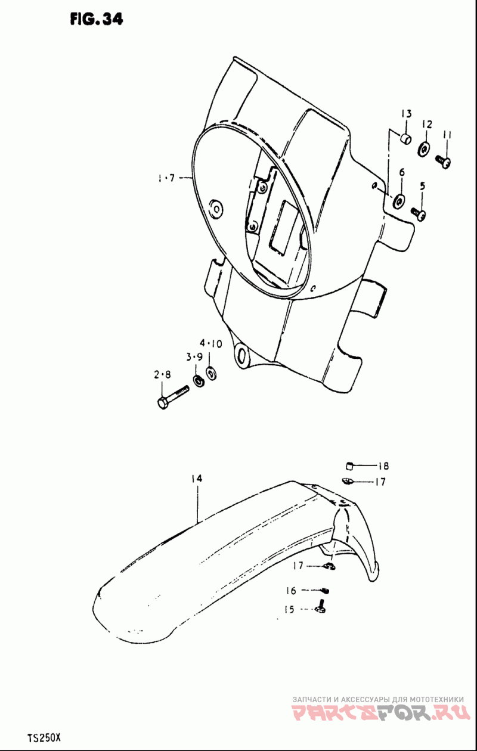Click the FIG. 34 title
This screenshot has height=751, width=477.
[97, 19]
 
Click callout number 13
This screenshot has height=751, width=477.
[406, 114]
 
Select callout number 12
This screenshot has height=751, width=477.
[427, 125]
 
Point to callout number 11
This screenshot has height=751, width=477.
[447, 135]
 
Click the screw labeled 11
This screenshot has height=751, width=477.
[443, 162]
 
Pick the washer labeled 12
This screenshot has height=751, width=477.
[425, 148]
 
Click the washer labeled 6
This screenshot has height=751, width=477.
[399, 200]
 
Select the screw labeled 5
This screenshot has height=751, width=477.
[419, 213]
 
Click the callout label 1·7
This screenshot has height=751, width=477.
[167, 178]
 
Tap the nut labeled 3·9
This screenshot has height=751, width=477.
[199, 380]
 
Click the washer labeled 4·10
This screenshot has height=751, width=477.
[211, 373]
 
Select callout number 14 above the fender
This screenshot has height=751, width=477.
[197, 479]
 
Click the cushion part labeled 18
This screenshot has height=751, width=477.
[350, 466]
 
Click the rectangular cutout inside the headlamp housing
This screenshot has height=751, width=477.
[283, 226]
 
